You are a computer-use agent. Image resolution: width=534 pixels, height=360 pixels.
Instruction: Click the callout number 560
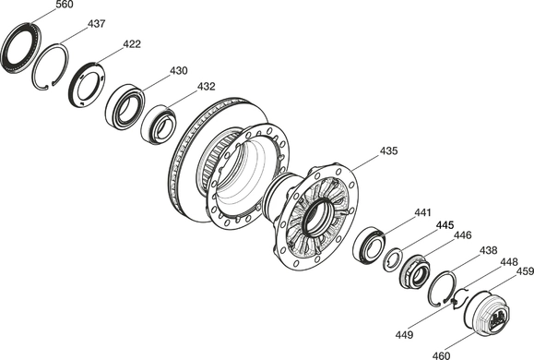point(64,5)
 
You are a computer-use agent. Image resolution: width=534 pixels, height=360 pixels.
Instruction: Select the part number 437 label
point(97,24)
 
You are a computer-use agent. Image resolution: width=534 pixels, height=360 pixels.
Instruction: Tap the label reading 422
point(132,44)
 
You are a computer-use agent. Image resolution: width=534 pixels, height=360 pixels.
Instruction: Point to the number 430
point(178,70)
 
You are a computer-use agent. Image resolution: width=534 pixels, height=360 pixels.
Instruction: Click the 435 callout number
point(388,150)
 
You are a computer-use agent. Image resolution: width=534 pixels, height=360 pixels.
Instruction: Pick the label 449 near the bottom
point(404,335)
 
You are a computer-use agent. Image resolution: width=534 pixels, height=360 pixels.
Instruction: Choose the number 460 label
point(442,355)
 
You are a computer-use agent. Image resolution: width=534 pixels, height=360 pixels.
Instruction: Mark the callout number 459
point(525,271)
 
